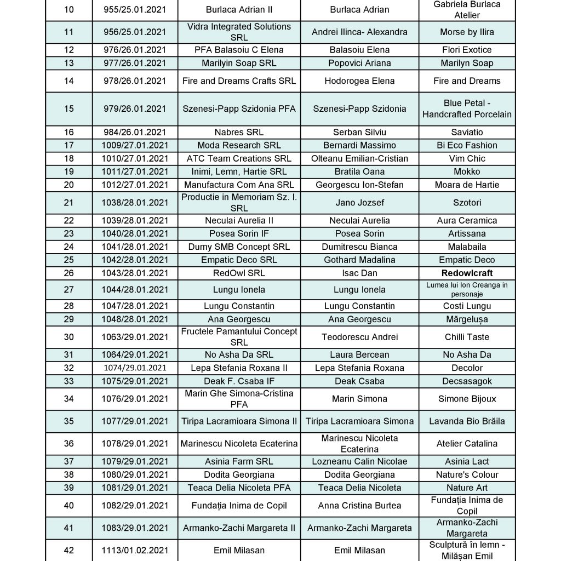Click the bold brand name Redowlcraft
(x=467, y=273)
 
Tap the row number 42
(x=68, y=550)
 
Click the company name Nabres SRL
(x=239, y=132)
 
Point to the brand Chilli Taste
(x=467, y=337)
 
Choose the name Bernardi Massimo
(x=359, y=145)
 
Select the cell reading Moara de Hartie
(x=467, y=185)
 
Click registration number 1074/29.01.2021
(x=135, y=368)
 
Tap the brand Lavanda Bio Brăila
(x=467, y=421)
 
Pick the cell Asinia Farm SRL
(x=239, y=461)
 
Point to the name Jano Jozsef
(x=359, y=203)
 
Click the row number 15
(x=68, y=108)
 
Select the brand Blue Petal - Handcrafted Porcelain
(x=467, y=108)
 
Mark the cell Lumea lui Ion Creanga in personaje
(x=467, y=289)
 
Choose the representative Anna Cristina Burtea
(x=359, y=506)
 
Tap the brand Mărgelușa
(x=467, y=319)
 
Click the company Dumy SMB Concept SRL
(x=239, y=247)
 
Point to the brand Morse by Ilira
(x=467, y=32)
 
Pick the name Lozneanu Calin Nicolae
(x=359, y=461)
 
